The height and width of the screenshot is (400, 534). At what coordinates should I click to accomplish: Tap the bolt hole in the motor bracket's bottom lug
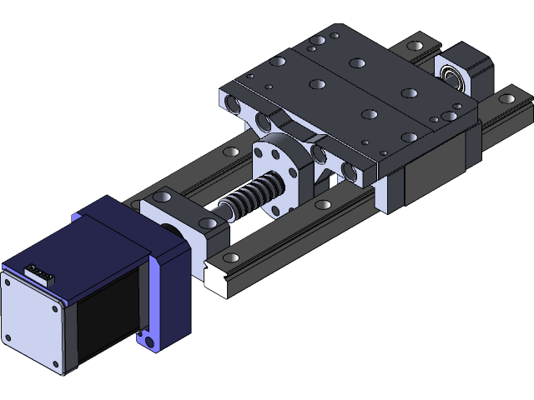coord(149,340)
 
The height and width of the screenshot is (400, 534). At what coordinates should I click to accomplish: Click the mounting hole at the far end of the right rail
coord(506,99)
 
